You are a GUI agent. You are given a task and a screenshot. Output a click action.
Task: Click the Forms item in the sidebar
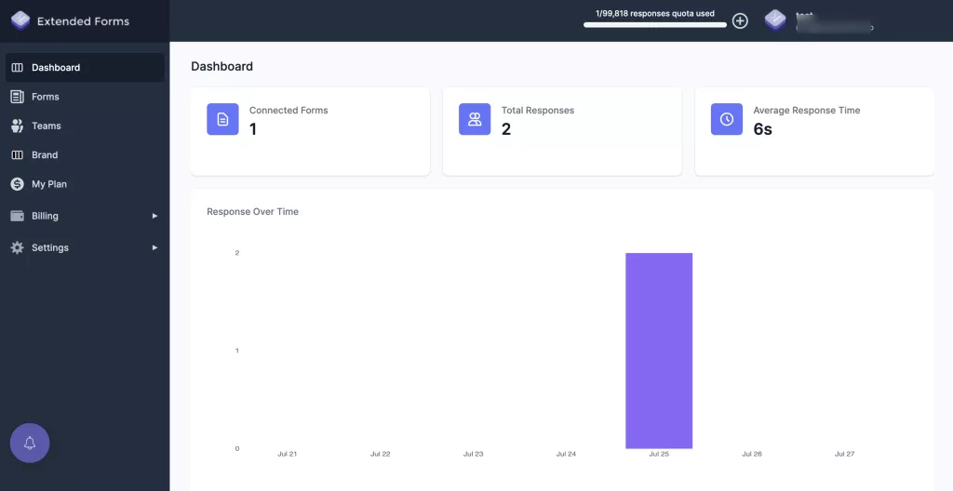click(x=45, y=97)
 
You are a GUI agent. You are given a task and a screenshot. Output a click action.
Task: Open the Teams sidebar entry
click(x=46, y=126)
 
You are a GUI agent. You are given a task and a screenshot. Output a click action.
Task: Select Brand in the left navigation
click(x=44, y=155)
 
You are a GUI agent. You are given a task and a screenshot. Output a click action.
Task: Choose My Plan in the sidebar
click(x=48, y=184)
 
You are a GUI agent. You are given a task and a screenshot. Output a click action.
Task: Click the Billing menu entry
click(x=45, y=216)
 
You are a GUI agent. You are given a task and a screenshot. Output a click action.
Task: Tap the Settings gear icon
click(x=17, y=247)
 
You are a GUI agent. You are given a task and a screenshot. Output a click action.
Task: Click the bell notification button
click(x=30, y=443)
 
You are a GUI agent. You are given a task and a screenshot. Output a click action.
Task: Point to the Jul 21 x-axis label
click(x=288, y=454)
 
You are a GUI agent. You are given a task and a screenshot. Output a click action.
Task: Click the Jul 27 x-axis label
click(x=844, y=454)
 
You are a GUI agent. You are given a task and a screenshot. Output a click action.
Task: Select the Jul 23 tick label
click(x=473, y=454)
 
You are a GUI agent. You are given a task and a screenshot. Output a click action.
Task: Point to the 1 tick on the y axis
click(x=237, y=351)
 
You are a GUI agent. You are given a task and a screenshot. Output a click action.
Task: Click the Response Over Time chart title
click(x=252, y=212)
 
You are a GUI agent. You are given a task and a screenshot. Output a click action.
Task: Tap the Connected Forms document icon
click(x=222, y=119)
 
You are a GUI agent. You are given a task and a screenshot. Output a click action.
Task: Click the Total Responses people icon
click(x=475, y=119)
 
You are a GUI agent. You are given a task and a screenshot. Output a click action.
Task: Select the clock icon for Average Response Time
click(x=727, y=119)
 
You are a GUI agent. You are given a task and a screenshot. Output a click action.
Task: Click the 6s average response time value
click(x=762, y=129)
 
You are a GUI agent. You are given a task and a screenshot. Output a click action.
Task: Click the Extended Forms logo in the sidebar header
click(x=20, y=20)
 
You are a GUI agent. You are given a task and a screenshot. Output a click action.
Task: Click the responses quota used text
click(x=655, y=14)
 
